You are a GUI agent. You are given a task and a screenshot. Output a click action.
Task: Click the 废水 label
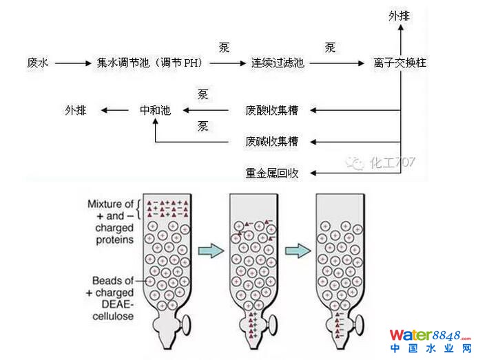[x=36, y=63]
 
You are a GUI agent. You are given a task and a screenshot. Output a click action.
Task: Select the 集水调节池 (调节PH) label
[x=149, y=63]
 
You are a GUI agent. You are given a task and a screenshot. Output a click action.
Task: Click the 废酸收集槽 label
[x=273, y=109]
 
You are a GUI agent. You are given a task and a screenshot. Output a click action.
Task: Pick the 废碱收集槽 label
[x=273, y=142]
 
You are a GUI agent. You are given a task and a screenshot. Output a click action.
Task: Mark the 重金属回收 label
[x=273, y=172]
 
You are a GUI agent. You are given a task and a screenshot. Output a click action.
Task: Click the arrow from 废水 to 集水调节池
[x=71, y=63]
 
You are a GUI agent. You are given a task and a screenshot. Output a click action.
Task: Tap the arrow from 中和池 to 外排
[x=116, y=109]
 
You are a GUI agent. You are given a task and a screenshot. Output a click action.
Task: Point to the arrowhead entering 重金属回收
[x=312, y=172]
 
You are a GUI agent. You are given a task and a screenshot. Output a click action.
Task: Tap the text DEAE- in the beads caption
[x=117, y=305]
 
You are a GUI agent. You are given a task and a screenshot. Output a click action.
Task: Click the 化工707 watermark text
[x=393, y=162]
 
